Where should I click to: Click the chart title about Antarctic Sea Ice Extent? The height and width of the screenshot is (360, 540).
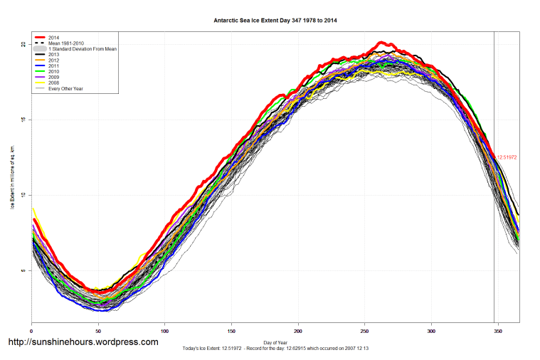[x=275, y=21]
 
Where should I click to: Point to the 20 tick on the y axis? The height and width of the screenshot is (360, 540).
[x=23, y=44]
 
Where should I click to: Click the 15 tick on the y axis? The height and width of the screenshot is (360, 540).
[x=23, y=120]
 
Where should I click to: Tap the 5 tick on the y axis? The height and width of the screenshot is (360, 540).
[x=23, y=270]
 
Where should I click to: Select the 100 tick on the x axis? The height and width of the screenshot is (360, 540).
[x=164, y=332]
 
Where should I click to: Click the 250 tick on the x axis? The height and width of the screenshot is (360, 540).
[x=365, y=332]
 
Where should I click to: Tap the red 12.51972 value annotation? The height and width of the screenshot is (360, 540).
[x=507, y=157]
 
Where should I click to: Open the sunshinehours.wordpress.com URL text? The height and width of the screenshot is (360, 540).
[x=83, y=342]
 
